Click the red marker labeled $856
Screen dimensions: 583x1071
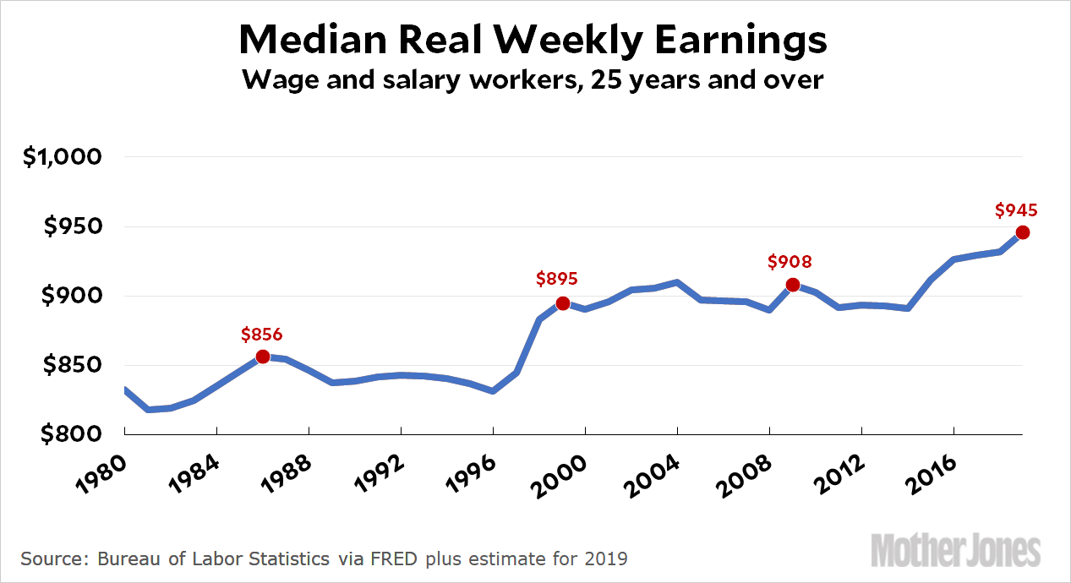263,357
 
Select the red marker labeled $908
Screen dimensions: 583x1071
793,285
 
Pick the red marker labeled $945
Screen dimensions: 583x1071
1022,232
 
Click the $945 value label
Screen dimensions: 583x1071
1016,210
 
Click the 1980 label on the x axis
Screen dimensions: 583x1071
100,471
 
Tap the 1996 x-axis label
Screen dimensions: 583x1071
467,471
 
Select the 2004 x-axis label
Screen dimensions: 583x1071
652,471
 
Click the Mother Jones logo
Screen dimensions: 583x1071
955,550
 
